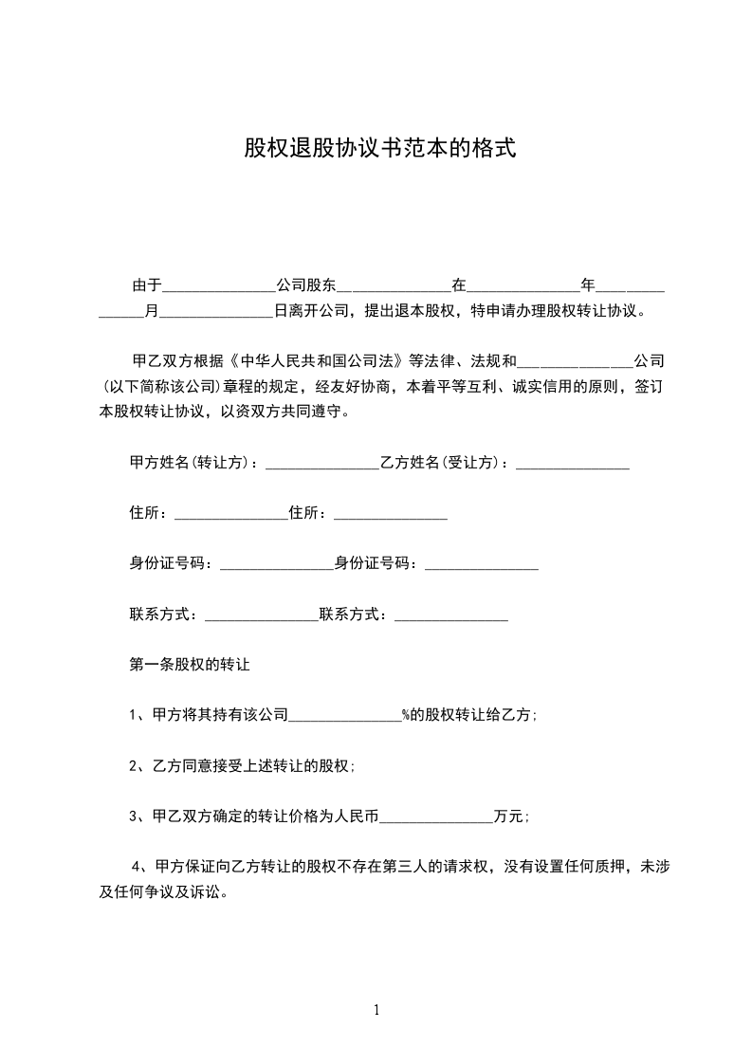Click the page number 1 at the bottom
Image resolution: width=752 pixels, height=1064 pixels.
(376, 1010)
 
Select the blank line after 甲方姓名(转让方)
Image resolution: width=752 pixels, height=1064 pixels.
(322, 466)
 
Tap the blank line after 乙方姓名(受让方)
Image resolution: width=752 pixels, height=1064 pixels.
(573, 466)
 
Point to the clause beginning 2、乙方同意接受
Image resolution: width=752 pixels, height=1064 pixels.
(242, 765)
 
